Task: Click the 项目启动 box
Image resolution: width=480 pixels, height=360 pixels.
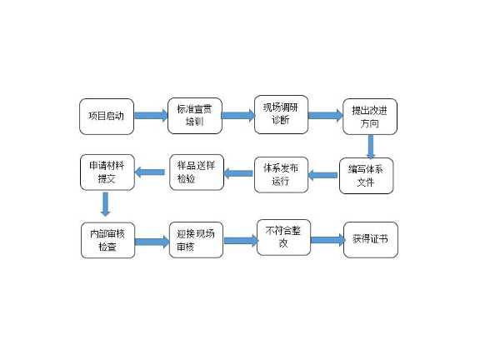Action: [107, 116]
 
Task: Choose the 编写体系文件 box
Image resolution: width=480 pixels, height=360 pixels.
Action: [366, 176]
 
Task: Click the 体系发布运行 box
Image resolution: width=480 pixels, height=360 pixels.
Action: [281, 173]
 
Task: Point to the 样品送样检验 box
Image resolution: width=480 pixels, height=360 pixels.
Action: [197, 172]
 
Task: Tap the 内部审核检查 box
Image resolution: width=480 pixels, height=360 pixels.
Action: [108, 240]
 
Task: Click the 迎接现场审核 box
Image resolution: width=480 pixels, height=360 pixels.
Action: [197, 240]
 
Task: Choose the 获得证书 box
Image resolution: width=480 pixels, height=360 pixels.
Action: [371, 240]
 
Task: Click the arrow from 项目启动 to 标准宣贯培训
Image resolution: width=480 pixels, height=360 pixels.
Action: [151, 115]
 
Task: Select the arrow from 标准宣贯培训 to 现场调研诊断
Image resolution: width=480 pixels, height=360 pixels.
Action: [237, 115]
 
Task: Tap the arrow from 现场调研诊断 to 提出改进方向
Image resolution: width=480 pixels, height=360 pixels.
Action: [325, 115]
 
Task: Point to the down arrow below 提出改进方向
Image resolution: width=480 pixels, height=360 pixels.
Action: [370, 147]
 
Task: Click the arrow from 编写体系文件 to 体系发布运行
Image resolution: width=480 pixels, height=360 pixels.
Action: [323, 175]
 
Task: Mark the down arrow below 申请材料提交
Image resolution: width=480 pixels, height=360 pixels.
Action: [106, 204]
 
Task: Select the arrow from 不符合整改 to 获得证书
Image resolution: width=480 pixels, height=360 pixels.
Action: [327, 240]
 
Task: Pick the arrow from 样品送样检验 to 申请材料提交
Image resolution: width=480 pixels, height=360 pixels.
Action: [151, 172]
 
